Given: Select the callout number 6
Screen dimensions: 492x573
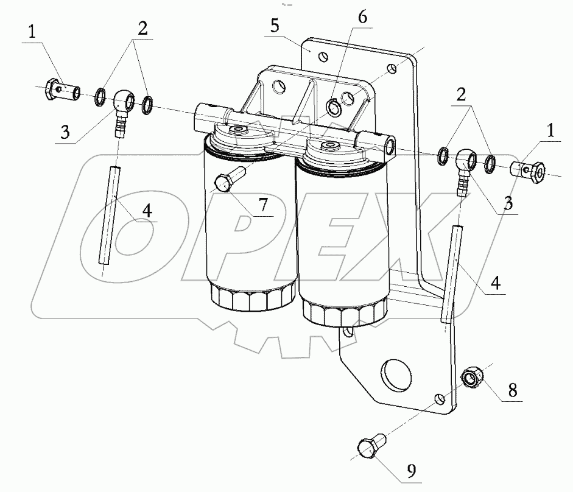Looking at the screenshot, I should click(362, 18).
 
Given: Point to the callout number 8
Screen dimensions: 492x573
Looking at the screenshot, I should click(514, 390).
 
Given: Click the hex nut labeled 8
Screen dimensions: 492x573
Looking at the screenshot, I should click(472, 378).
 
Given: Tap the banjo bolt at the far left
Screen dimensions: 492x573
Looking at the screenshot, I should click(62, 91).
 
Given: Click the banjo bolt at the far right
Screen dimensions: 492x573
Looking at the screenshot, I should click(529, 171).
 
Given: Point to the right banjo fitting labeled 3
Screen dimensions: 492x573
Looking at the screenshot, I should click(466, 165).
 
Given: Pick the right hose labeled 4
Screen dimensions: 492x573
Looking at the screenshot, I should click(450, 272).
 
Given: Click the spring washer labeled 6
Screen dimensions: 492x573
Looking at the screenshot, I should click(332, 108).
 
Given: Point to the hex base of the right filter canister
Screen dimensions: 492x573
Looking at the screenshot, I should click(342, 313).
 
